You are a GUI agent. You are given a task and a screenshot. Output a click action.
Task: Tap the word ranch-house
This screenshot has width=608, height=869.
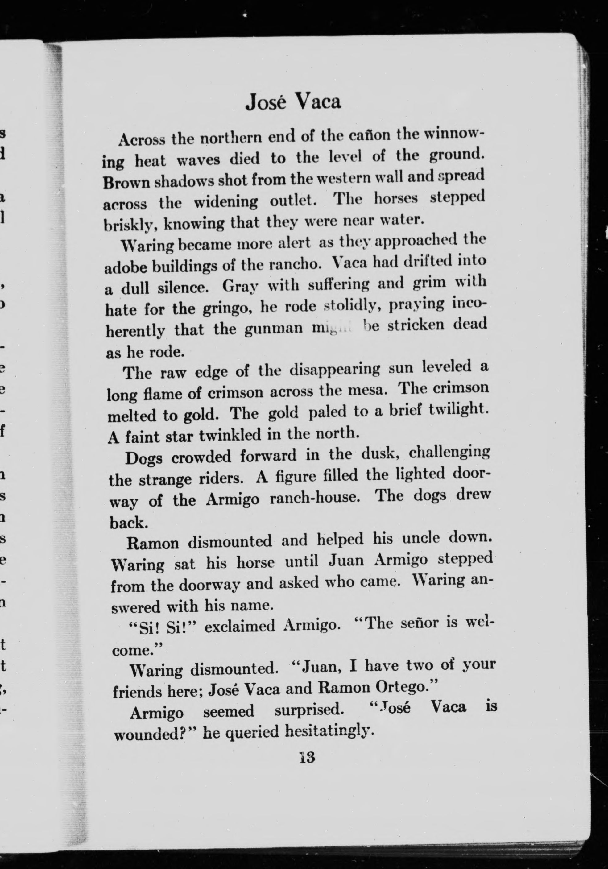tap(314, 498)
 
